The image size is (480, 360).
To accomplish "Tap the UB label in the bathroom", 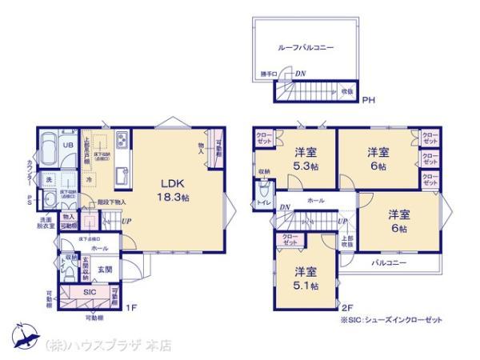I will click(x=68, y=144).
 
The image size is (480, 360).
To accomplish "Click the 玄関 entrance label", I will click(x=105, y=270).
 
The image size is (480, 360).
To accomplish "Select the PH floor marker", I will click(x=368, y=101).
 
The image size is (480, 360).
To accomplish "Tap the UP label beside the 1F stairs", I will click(x=126, y=222).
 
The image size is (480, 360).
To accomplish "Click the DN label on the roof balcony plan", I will click(x=299, y=74).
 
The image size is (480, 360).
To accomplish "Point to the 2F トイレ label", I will click(x=263, y=203).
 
